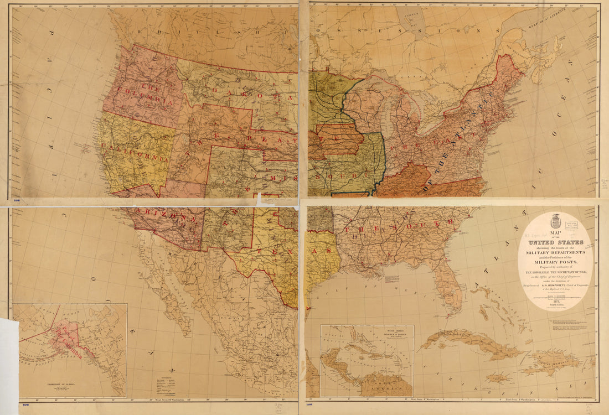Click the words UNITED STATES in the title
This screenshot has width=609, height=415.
point(555,242)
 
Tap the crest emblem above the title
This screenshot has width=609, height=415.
point(556,222)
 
